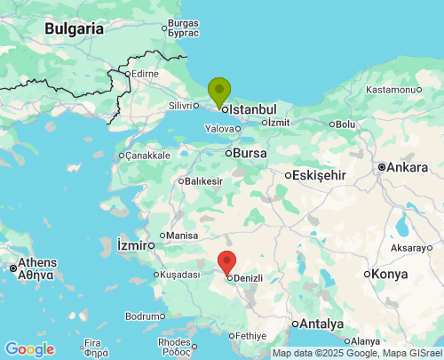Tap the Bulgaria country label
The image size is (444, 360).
click(x=75, y=28)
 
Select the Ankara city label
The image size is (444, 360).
click(x=408, y=166)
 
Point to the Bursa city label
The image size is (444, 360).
click(x=250, y=153)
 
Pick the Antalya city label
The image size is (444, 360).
click(x=321, y=323)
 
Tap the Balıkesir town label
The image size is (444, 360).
click(x=203, y=181)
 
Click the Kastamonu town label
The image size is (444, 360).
click(x=391, y=90)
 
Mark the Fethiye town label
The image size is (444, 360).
click(x=250, y=336)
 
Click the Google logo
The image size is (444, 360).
click(x=29, y=349)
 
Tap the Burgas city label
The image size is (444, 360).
click(x=184, y=22)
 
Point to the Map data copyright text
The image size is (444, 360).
click(x=356, y=353)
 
